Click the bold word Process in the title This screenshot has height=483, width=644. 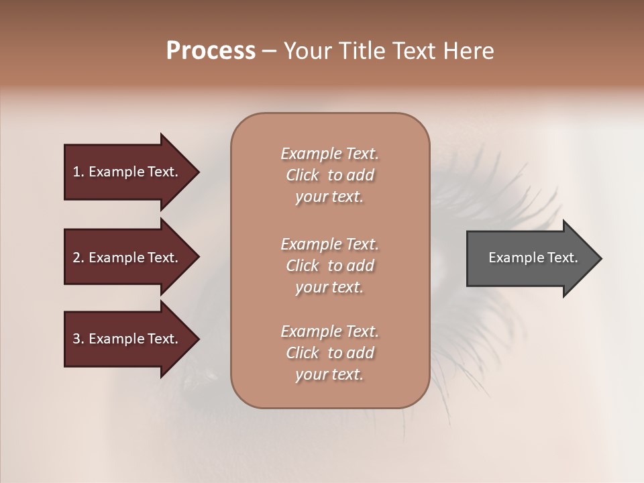point(211,51)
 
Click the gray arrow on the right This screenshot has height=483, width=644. point(530,258)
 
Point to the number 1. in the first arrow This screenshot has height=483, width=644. point(78,172)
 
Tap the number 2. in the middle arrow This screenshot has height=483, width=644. point(78,258)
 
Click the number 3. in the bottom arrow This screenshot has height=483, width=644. point(78,339)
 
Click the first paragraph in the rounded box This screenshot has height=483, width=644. point(329,175)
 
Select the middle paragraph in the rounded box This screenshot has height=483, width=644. point(329,266)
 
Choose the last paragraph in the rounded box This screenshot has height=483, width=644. point(329,353)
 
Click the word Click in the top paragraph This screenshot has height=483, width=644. point(303,176)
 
